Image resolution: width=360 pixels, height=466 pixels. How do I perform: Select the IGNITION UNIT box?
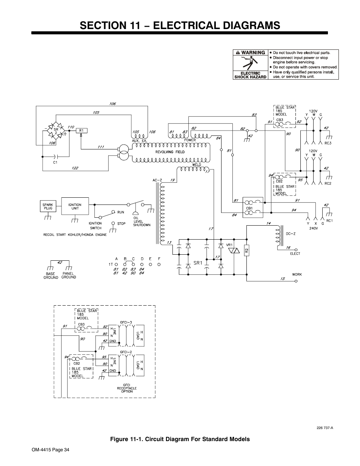coord(75,207)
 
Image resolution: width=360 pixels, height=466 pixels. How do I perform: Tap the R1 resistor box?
coord(82,131)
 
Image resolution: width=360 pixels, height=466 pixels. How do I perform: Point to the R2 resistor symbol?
coord(246,250)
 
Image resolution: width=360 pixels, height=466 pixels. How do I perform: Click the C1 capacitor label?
coord(55,162)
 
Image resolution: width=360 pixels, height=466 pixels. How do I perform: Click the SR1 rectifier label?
coord(198,263)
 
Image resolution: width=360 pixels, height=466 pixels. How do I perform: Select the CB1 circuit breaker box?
coord(252,207)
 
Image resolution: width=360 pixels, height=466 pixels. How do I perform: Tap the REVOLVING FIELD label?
coord(170,152)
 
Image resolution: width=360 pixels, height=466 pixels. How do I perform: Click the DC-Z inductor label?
coord(291,234)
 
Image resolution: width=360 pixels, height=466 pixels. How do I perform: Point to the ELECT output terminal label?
coord(295,254)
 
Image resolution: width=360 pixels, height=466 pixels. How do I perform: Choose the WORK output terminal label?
coord(297,274)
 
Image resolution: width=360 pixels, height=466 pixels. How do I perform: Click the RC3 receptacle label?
coord(328,143)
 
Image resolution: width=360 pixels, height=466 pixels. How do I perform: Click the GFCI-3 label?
coord(126,322)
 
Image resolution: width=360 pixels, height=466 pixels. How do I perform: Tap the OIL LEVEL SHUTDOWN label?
coord(142,221)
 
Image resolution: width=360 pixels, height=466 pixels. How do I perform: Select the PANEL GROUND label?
coord(68,275)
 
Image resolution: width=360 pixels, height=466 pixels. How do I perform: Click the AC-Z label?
coord(157,180)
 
